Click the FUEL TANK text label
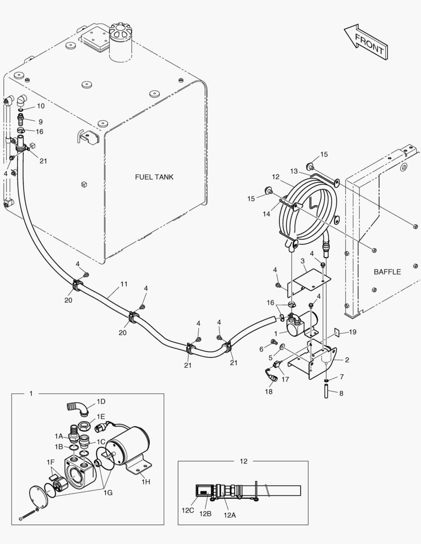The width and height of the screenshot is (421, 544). tap(154, 177)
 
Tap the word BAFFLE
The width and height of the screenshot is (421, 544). tap(387, 272)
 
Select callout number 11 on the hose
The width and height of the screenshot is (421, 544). tap(124, 284)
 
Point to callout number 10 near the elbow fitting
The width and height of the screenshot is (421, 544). tap(40, 106)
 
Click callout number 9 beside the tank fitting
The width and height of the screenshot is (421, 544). tap(40, 121)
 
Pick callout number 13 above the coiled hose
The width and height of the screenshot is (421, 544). tap(294, 171)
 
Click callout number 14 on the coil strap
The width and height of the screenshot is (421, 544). tap(266, 214)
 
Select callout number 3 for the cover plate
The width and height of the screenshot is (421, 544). tap(303, 261)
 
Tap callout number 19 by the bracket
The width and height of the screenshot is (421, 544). tap(352, 332)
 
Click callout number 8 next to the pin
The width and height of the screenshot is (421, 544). tap(341, 393)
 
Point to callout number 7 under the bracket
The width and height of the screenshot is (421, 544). tap(341, 377)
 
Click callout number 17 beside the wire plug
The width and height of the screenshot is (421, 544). tap(285, 379)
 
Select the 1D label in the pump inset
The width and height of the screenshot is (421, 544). tap(101, 401)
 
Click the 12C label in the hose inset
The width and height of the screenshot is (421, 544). tap(188, 510)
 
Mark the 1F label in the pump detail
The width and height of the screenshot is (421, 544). tap(50, 462)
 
